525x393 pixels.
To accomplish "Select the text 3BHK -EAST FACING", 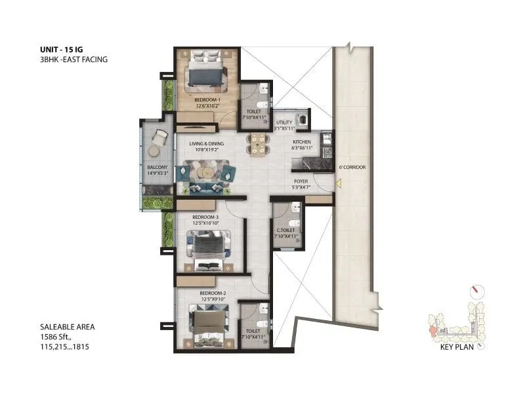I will click(x=73, y=59).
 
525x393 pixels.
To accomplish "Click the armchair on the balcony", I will click(x=159, y=138).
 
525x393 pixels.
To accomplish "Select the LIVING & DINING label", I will click(x=207, y=143).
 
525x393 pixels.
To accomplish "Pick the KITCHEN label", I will click(x=302, y=141).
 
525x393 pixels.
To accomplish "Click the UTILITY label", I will click(x=284, y=122).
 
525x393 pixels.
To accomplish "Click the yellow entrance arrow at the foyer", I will click(x=338, y=185).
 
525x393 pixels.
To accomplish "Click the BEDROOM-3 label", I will click(x=205, y=217).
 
